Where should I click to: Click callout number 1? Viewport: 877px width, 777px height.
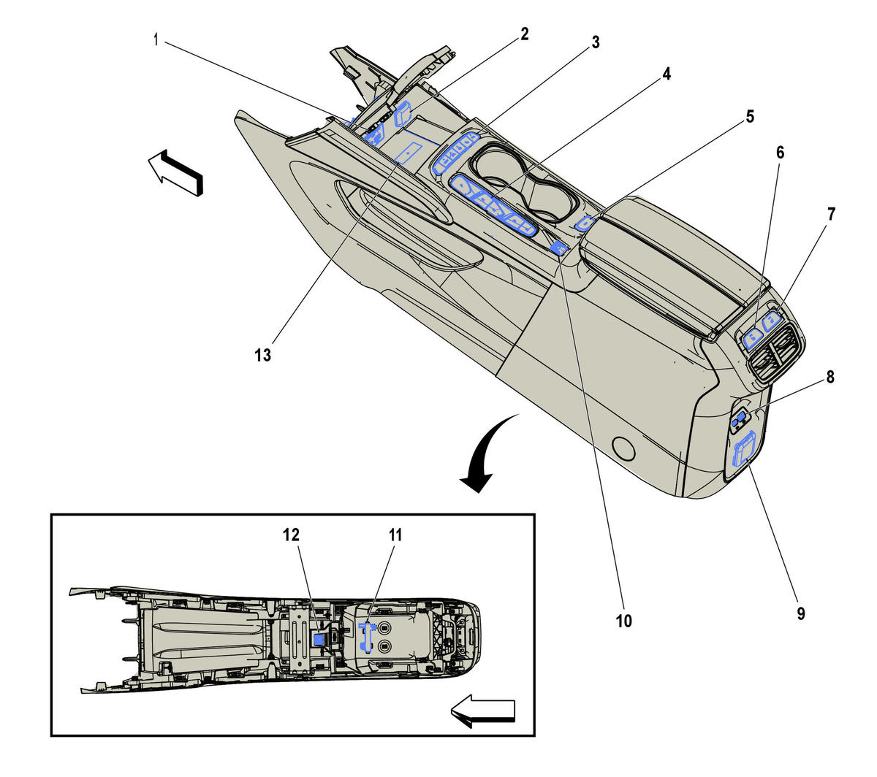(x=155, y=39)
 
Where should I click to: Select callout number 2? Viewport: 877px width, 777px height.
(x=524, y=34)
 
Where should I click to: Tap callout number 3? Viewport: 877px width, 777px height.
(x=595, y=42)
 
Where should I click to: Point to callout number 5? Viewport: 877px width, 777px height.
(x=750, y=116)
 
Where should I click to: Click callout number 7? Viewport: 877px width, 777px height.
(x=831, y=214)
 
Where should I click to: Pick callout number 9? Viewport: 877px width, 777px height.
(x=800, y=613)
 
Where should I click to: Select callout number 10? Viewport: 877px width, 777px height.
(x=623, y=621)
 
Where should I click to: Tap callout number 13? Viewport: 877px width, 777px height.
(x=262, y=355)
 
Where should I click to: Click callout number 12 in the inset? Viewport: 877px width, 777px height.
(x=291, y=535)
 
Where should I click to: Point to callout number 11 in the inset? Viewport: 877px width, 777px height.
(x=395, y=535)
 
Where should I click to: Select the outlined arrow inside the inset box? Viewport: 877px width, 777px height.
(x=483, y=711)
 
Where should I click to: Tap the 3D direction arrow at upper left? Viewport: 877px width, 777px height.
(x=175, y=172)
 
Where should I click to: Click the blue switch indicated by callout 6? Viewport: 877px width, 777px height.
(x=752, y=336)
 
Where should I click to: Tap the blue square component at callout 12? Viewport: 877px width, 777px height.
(x=319, y=638)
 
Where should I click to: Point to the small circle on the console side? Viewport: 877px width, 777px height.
(x=624, y=448)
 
